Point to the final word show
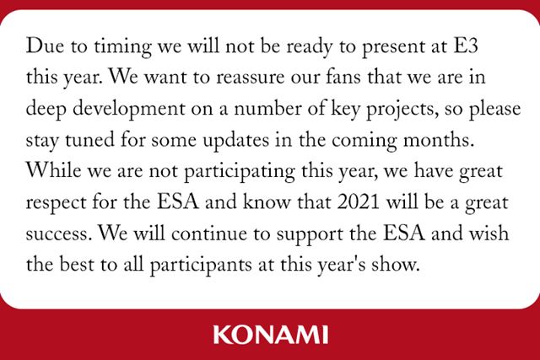(x=398, y=266)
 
